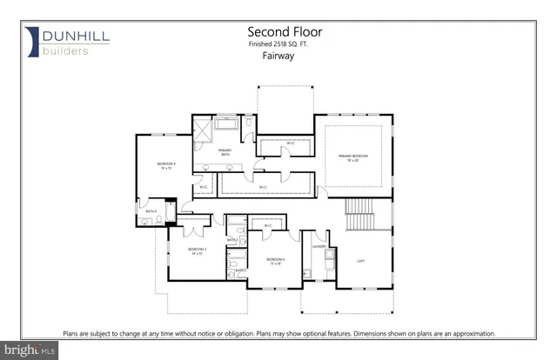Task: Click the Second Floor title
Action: point(278,31)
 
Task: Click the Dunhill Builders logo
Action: point(61,42)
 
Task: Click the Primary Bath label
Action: point(225,153)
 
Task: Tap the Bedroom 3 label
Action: point(198,251)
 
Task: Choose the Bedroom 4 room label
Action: point(276,261)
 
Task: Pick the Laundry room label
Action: point(319,246)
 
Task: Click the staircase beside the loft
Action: point(359,214)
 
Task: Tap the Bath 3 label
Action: point(232,240)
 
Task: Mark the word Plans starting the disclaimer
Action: point(71,333)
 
